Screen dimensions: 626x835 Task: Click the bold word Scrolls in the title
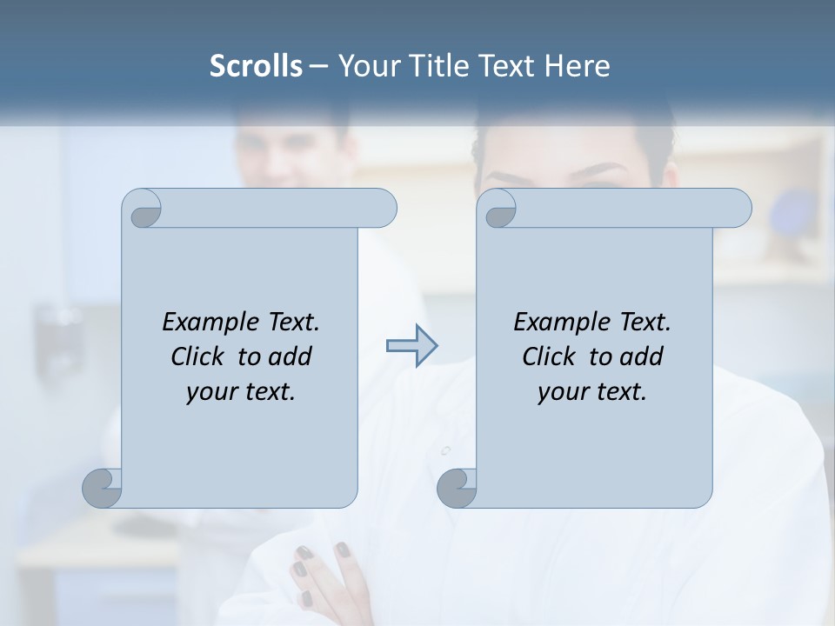point(257,66)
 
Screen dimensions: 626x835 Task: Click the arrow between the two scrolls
point(411,346)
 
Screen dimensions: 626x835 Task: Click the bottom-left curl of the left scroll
point(103,488)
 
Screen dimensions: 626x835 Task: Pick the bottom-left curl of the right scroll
point(457,488)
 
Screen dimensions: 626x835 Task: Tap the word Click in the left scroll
point(199,356)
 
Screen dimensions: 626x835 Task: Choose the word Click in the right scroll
point(549,356)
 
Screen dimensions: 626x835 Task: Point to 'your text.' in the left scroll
point(241,391)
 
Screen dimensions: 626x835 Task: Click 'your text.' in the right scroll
point(592,391)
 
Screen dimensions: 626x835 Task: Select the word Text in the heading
point(508,66)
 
